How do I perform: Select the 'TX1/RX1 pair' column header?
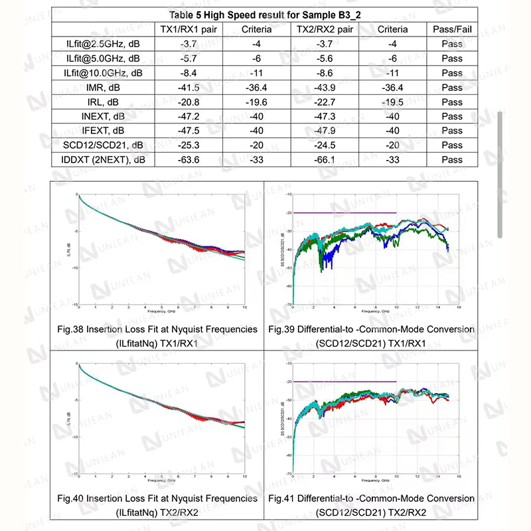189,29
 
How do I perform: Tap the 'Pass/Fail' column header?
452,29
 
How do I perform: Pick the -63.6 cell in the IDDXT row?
189,160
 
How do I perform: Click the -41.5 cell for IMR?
189,88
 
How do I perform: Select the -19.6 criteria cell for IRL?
256,102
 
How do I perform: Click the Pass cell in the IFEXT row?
452,131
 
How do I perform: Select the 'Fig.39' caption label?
282,329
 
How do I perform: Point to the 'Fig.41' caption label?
282,498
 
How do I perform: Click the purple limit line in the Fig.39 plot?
345,213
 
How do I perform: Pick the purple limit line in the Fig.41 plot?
345,382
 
